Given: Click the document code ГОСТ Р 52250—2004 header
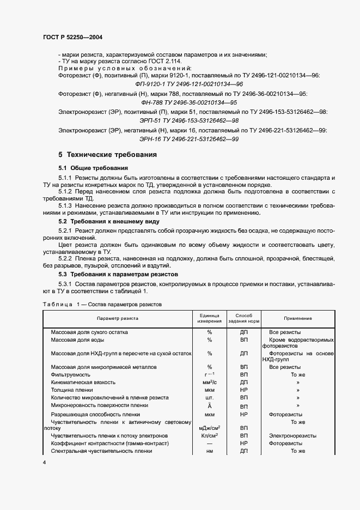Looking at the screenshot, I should point(72,38).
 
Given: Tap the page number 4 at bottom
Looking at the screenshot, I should point(45,463).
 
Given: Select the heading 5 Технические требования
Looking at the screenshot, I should point(108,155).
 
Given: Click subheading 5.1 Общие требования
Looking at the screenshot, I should point(93,168).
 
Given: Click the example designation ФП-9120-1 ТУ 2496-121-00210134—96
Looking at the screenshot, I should point(188,85).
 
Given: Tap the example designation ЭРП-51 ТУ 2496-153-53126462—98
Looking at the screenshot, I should point(188,120).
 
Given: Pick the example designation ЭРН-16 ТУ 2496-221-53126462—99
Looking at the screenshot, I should point(188,139).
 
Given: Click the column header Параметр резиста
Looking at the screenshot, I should point(118,318).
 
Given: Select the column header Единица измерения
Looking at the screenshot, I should point(209,318).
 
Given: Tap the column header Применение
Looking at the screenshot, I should point(297,318).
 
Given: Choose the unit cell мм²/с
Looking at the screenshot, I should point(209,382).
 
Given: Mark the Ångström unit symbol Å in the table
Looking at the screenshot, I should point(209,406).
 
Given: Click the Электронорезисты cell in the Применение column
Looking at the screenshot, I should point(292,435).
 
